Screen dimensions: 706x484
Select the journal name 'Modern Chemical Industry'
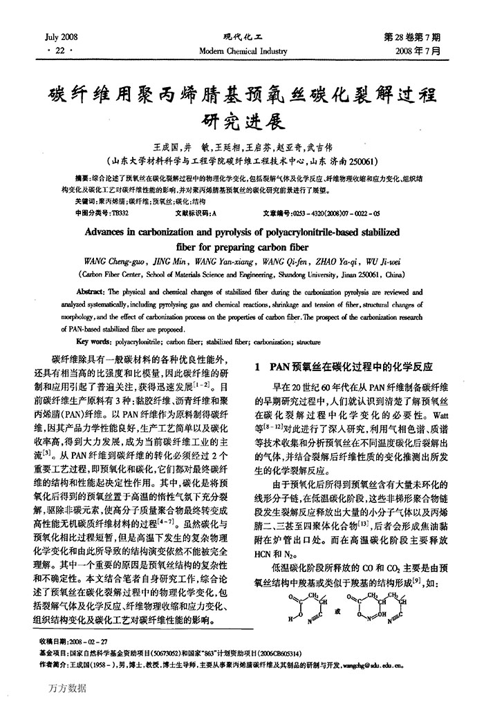242,50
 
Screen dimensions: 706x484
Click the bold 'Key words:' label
95,341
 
